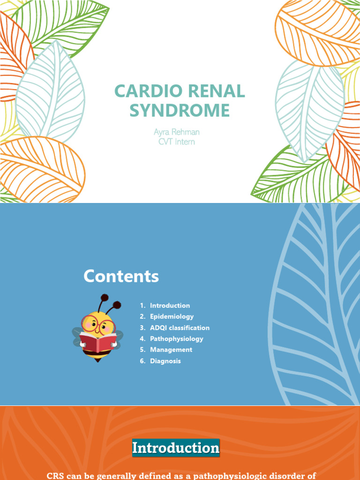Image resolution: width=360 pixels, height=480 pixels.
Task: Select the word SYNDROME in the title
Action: tap(180, 111)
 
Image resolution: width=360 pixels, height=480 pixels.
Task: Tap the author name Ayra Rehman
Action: tap(177, 132)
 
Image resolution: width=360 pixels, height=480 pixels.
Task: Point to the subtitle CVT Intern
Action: tap(177, 141)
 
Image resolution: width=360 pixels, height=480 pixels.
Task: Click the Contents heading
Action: tap(121, 277)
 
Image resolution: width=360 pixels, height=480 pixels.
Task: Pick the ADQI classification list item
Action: tap(180, 328)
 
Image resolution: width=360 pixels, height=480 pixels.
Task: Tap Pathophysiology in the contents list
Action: tap(176, 338)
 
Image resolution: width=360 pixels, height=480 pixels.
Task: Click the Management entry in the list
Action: tap(171, 350)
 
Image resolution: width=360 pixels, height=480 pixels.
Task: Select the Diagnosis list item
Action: tap(165, 361)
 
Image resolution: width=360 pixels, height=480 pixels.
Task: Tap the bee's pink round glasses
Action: tap(96, 324)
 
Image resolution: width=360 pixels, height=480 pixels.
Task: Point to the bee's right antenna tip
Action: tap(117, 305)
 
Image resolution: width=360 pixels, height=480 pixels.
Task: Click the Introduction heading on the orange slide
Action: tap(176, 448)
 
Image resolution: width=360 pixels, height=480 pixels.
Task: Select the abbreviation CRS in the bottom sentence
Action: tap(55, 476)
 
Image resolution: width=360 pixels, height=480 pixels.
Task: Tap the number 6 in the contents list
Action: tap(142, 361)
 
